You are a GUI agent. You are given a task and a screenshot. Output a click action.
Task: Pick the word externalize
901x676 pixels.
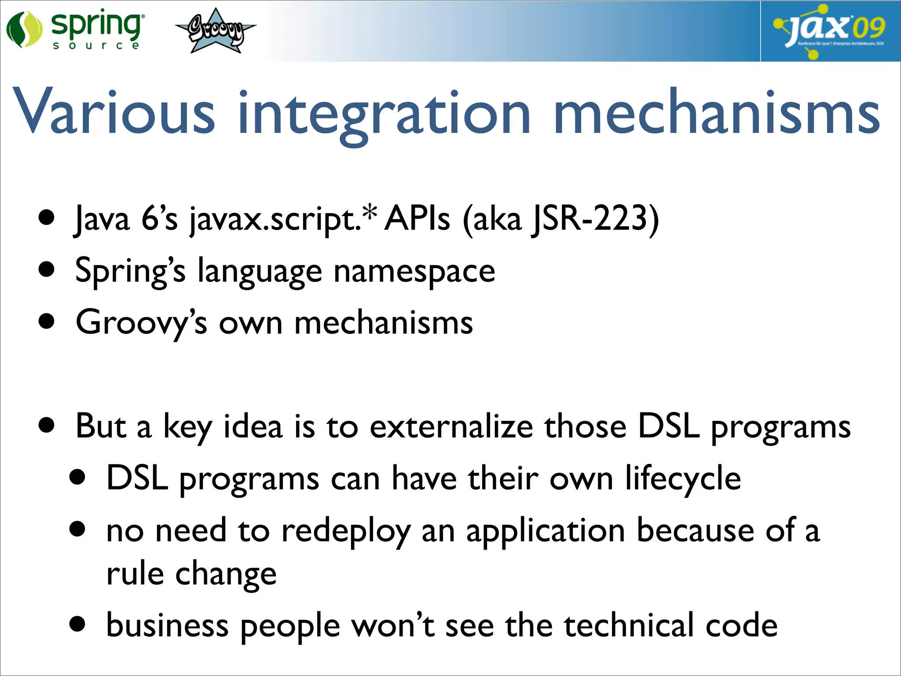coord(451,427)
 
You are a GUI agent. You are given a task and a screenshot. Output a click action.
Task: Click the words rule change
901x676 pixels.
coord(191,574)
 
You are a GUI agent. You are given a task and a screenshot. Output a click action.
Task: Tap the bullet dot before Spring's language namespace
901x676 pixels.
coord(46,269)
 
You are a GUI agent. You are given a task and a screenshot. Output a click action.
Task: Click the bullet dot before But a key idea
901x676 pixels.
coord(46,425)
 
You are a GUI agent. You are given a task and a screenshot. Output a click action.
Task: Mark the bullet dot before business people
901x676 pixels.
coord(77,624)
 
